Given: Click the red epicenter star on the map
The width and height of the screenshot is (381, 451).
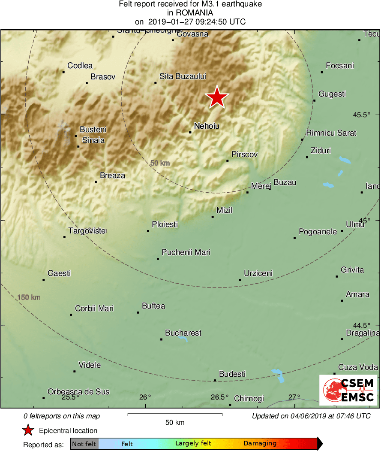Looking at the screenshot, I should click(x=217, y=97).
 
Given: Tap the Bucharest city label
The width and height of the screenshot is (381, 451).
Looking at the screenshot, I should click(x=183, y=333).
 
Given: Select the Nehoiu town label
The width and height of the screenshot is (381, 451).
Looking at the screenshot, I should click(x=204, y=126).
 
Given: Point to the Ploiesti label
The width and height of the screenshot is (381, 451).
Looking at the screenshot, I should click(x=165, y=224).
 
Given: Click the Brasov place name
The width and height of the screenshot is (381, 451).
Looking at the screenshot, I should click(x=103, y=77).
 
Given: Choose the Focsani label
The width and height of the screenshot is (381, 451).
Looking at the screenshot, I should click(x=340, y=66).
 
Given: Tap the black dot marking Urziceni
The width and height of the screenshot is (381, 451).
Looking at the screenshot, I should click(x=240, y=280).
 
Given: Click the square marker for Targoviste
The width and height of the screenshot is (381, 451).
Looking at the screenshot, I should click(x=65, y=237).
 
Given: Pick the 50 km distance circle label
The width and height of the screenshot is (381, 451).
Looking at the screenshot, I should click(x=160, y=163).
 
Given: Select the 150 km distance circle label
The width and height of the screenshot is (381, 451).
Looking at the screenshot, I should click(x=29, y=297).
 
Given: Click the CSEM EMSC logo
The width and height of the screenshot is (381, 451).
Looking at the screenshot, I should click(x=348, y=390).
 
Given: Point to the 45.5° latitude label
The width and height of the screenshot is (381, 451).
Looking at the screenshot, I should click(x=361, y=115).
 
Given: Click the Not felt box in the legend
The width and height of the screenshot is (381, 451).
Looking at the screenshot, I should click(x=84, y=444).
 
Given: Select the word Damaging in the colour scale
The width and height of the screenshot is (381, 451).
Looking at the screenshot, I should click(x=260, y=444).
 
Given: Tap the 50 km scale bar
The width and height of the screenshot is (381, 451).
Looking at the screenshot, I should click(x=175, y=415).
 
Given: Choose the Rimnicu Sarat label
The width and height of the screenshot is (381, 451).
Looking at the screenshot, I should click(x=331, y=133).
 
